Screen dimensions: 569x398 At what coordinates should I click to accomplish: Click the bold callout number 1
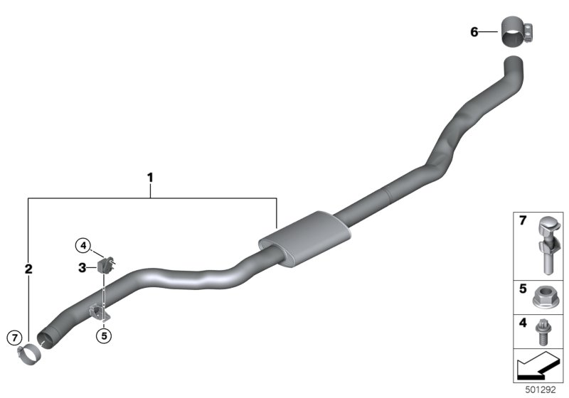click(150, 178)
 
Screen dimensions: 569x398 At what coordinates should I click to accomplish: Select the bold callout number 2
click(28, 269)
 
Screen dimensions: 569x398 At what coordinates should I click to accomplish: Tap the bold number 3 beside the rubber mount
click(83, 268)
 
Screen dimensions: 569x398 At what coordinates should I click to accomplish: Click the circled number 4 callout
click(83, 246)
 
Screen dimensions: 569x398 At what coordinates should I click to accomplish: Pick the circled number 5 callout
click(104, 336)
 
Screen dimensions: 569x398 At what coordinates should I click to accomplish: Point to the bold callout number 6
click(474, 32)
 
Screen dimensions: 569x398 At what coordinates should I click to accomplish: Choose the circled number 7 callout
click(14, 338)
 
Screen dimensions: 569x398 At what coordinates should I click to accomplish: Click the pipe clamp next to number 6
click(517, 31)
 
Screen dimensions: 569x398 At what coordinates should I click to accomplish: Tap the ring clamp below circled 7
click(30, 355)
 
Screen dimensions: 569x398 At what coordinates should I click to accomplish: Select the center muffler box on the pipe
click(305, 240)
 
